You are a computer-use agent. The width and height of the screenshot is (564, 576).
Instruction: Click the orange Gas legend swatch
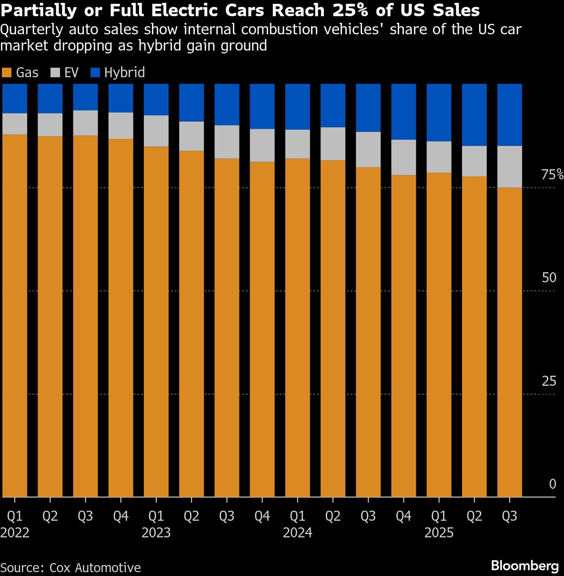(6, 73)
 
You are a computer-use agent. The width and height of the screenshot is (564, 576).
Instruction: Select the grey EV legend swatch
(55, 73)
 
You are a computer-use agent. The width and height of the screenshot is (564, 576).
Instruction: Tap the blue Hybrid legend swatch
(95, 73)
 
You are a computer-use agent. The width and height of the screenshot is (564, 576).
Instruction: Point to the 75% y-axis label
(552, 175)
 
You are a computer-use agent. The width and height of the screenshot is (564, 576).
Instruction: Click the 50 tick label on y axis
(549, 278)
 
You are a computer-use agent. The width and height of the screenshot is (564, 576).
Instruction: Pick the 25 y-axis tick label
(549, 381)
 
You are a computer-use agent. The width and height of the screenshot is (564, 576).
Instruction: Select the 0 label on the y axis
(553, 484)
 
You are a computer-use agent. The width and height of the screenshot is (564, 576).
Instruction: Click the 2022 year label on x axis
(15, 533)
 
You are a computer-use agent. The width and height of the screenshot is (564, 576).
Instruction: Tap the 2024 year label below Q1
(297, 533)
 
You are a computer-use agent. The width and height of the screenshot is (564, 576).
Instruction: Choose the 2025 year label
(439, 533)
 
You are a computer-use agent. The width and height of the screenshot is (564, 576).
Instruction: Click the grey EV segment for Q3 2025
(510, 166)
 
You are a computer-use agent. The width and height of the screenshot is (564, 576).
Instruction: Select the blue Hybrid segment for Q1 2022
(15, 98)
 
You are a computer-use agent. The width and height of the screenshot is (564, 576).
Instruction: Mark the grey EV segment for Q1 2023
(156, 131)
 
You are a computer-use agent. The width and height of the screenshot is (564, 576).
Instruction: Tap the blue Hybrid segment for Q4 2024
(403, 112)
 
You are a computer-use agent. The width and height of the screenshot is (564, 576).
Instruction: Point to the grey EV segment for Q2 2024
(333, 144)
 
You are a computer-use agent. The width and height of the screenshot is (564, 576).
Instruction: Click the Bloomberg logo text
(524, 566)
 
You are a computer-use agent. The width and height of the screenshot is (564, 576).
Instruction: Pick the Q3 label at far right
(510, 516)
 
